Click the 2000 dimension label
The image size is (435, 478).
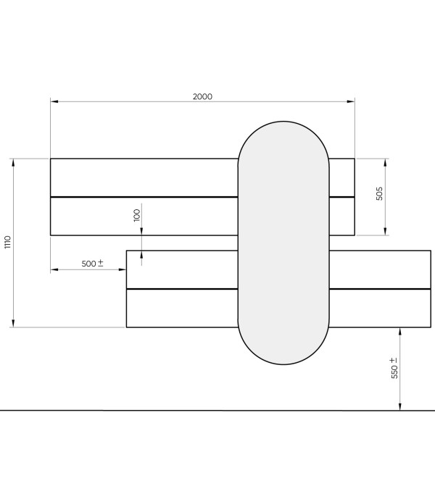(x=202, y=96)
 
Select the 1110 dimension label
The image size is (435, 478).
(x=8, y=242)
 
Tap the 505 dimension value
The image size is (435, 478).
(x=379, y=193)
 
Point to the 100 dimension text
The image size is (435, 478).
(x=137, y=215)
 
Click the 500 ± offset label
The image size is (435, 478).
(x=93, y=264)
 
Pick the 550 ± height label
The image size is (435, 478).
(x=394, y=368)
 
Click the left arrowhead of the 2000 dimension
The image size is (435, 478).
(x=54, y=101)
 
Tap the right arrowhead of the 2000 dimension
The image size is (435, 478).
(x=351, y=101)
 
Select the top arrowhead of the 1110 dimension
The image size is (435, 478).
(x=13, y=162)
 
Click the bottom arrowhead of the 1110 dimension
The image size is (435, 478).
(x=13, y=323)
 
